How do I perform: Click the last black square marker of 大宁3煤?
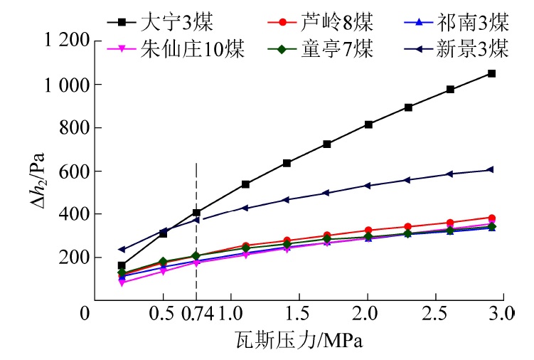tap(491, 73)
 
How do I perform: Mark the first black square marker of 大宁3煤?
tap(122, 265)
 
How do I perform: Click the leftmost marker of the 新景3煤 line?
tap(122, 249)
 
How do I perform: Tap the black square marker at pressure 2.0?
tap(368, 125)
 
